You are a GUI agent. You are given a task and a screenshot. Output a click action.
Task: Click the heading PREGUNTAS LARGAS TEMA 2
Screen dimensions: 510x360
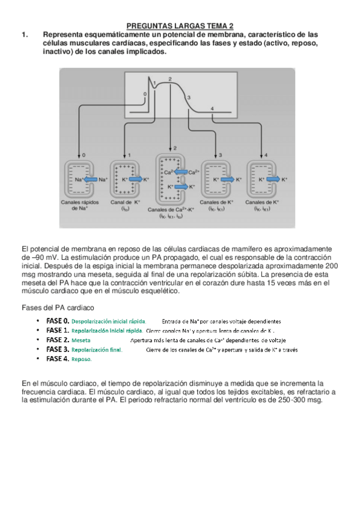[x=180, y=26]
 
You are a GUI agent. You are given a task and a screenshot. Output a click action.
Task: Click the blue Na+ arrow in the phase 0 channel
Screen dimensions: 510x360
[x=90, y=179]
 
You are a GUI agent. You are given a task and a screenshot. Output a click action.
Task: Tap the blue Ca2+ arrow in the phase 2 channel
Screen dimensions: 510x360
[x=180, y=172]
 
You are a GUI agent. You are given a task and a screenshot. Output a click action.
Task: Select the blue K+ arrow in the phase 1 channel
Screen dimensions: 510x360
[x=135, y=179]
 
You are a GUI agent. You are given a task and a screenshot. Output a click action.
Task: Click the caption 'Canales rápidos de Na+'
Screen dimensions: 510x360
[x=83, y=205]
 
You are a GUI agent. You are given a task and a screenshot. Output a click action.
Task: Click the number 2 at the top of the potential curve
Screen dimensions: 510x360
[x=170, y=79]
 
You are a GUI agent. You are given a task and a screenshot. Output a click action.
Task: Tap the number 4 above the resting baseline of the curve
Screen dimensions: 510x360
[x=213, y=108]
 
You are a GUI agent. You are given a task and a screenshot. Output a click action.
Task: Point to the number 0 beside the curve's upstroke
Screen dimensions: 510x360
[x=144, y=94]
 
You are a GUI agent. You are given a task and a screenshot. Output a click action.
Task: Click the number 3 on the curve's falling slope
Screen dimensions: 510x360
[x=189, y=97]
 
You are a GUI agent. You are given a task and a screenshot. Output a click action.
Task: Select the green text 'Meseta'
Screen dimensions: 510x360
[x=81, y=340]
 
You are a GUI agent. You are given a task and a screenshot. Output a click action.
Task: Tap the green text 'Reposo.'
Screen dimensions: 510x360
[x=81, y=359]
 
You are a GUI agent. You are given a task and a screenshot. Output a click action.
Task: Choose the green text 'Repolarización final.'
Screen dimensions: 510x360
[x=97, y=349]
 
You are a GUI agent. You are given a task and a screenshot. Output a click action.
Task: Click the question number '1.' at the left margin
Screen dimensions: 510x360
[x=25, y=34]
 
